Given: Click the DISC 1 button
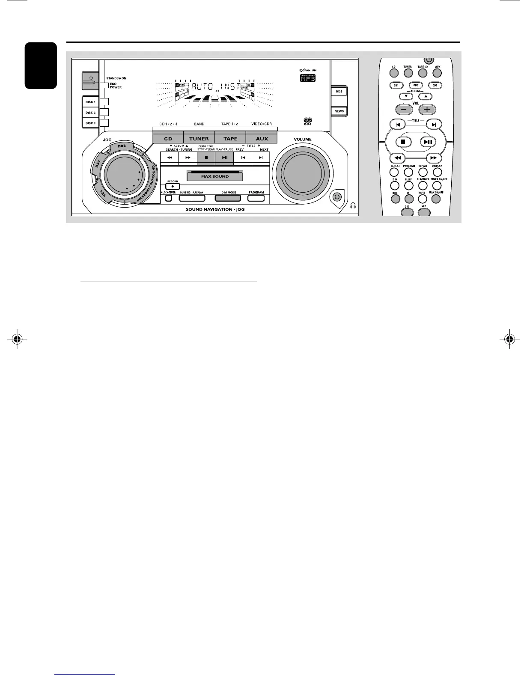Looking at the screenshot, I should pos(90,102).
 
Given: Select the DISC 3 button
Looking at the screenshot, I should pos(90,123).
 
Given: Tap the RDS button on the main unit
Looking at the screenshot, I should pos(339,92).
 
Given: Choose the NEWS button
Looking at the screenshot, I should pos(339,111).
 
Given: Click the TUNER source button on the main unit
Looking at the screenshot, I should pos(199,139).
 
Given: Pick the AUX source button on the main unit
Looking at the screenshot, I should pos(262,139).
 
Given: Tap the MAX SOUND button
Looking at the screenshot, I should pos(215,176).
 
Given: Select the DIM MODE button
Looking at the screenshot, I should pos(229,198).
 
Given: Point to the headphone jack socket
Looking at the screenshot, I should pos(337,197).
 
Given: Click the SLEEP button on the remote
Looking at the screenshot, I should pos(409,186).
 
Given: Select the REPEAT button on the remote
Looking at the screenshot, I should pos(395,172).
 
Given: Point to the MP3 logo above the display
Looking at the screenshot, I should pos(307,79).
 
